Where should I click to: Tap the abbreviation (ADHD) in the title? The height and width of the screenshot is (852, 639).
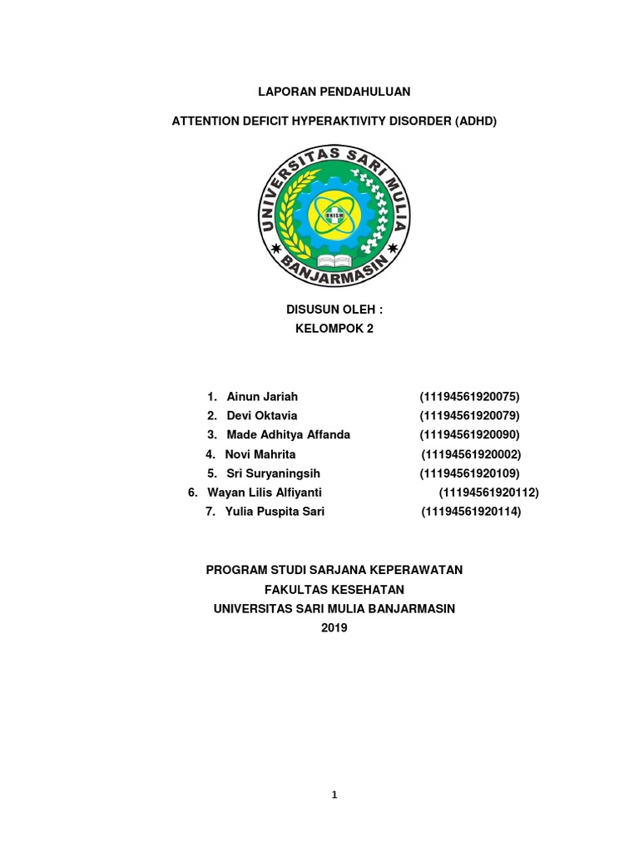[x=475, y=121]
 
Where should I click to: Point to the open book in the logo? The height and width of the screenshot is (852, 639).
[x=335, y=260]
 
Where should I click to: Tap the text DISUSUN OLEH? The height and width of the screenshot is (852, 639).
[x=334, y=310]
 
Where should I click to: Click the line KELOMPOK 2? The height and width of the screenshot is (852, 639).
[x=334, y=328]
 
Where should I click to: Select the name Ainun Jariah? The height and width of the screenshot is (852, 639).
[x=261, y=396]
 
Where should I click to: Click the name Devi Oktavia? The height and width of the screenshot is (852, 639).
[x=261, y=415]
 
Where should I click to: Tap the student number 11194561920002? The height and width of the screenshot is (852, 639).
[x=471, y=454]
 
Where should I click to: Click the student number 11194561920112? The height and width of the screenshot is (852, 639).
[x=488, y=493]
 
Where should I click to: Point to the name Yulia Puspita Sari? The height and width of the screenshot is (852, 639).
[x=275, y=512]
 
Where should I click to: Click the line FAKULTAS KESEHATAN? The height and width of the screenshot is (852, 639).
[x=334, y=589]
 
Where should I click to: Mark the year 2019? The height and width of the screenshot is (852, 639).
[x=334, y=627]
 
